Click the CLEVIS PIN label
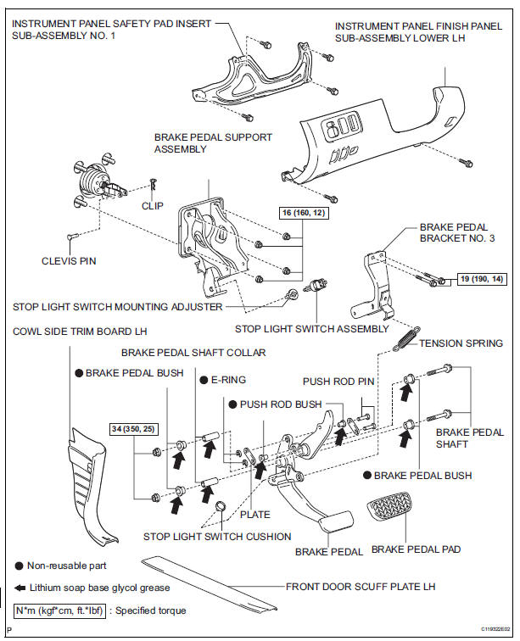[x=69, y=261]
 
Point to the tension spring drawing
[x=406, y=338]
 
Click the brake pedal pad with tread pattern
[x=389, y=507]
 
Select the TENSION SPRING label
[x=461, y=343]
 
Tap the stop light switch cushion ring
[x=221, y=505]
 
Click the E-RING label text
[x=228, y=380]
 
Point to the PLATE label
[x=254, y=515]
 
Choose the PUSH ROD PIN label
[x=338, y=382]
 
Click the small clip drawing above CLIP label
[x=154, y=184]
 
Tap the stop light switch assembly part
[x=316, y=286]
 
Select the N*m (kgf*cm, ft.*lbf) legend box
[x=59, y=610]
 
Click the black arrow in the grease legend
[x=20, y=588]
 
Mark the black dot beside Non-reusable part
[x=19, y=566]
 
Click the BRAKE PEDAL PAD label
[x=416, y=549]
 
